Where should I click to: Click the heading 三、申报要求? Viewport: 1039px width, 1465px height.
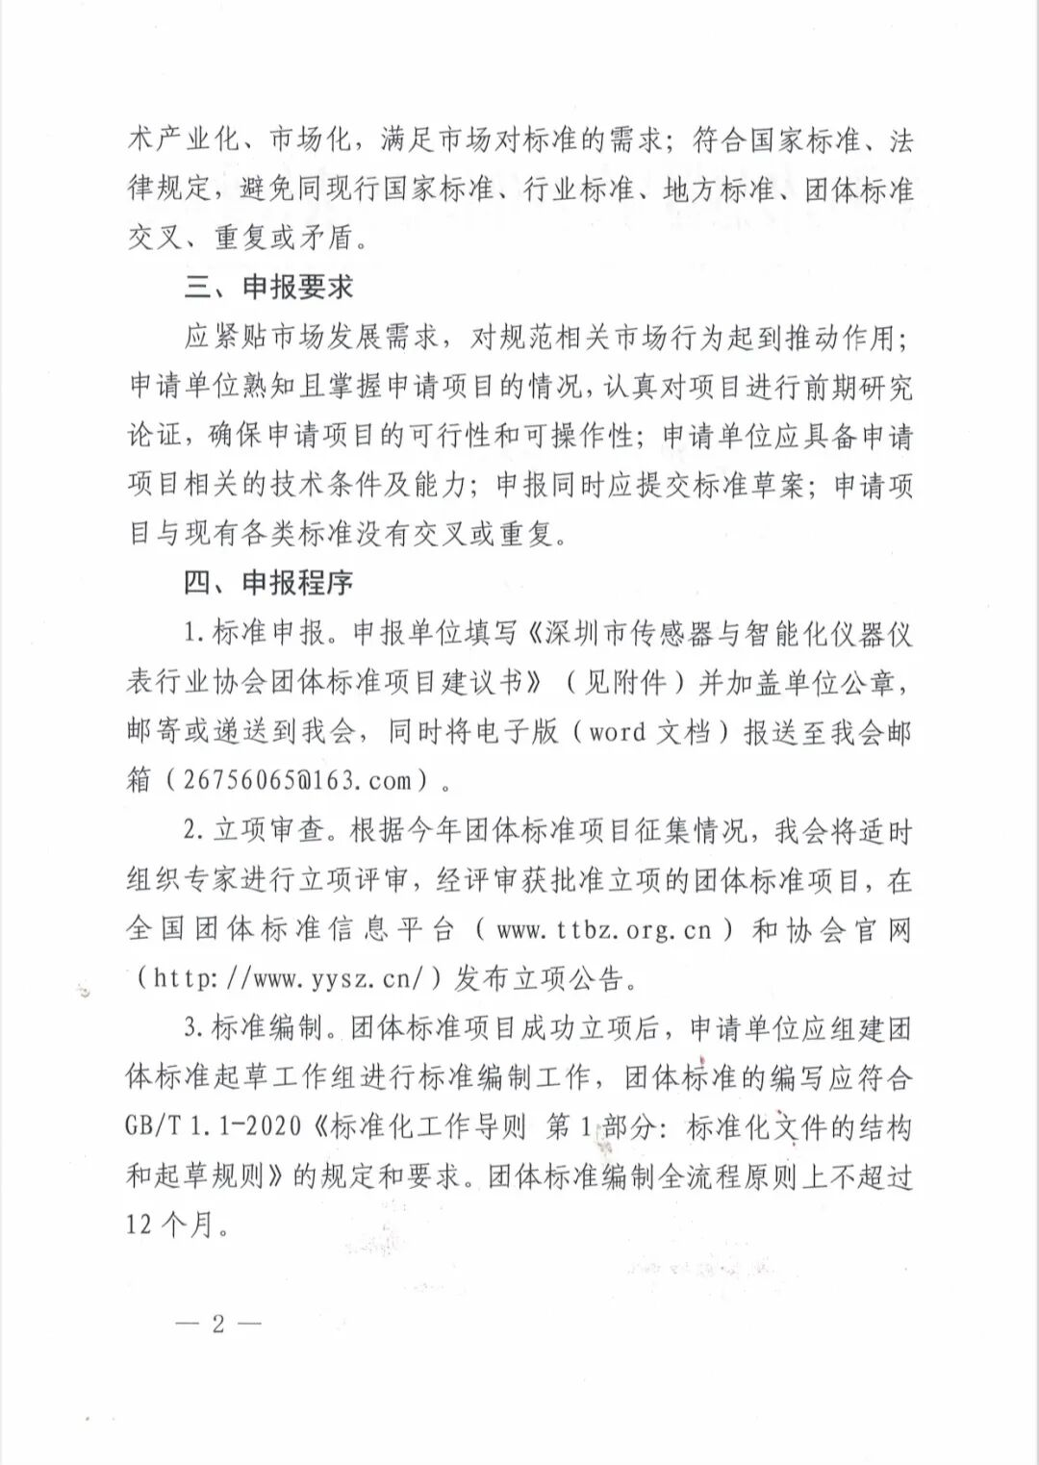(268, 288)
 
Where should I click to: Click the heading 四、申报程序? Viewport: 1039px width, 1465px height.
(268, 583)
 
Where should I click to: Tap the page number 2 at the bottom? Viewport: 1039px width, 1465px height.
(218, 1324)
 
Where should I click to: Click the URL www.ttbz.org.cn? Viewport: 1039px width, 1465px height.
(604, 930)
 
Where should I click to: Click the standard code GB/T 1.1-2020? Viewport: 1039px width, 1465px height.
(213, 1126)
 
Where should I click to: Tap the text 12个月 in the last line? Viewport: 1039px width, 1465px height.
(178, 1225)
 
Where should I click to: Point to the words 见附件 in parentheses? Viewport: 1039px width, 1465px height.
(626, 682)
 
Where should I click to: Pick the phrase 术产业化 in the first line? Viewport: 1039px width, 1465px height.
(183, 140)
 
